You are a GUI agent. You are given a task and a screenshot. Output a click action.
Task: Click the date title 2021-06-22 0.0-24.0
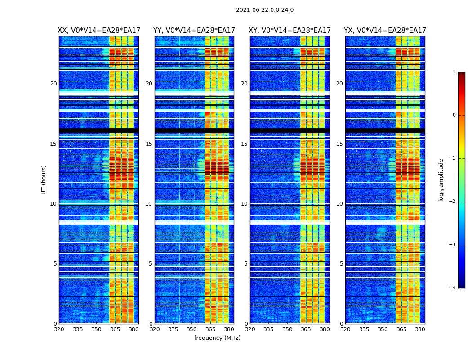(264, 10)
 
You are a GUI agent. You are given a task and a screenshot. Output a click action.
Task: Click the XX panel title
(99, 31)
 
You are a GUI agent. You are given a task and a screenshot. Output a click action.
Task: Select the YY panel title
(194, 31)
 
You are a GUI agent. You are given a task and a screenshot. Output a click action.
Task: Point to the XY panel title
(289, 31)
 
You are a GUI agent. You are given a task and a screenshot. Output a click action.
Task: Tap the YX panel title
(385, 31)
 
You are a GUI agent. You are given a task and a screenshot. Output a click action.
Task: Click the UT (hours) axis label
(44, 180)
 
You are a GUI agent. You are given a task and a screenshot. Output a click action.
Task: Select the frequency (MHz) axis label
(217, 338)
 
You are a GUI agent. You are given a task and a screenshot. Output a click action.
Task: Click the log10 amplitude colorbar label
(441, 180)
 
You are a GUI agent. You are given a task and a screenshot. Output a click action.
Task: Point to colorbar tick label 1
(454, 72)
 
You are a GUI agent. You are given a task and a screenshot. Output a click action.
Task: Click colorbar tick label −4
(453, 288)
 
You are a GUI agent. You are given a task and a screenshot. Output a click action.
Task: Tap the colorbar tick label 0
(454, 115)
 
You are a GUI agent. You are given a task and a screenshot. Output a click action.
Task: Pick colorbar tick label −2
(453, 202)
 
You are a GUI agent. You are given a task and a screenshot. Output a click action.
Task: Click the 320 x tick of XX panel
(59, 329)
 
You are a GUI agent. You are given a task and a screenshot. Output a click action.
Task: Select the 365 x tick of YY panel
(210, 329)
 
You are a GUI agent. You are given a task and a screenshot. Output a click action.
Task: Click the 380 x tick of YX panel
(420, 329)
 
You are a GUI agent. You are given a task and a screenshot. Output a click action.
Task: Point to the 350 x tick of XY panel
(287, 329)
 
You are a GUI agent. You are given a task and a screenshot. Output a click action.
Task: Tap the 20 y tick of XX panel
(53, 84)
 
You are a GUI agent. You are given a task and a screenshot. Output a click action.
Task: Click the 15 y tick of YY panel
(149, 144)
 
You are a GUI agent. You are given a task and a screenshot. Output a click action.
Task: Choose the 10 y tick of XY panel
(244, 204)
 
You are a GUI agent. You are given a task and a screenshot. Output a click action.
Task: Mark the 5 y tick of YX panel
(341, 264)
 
